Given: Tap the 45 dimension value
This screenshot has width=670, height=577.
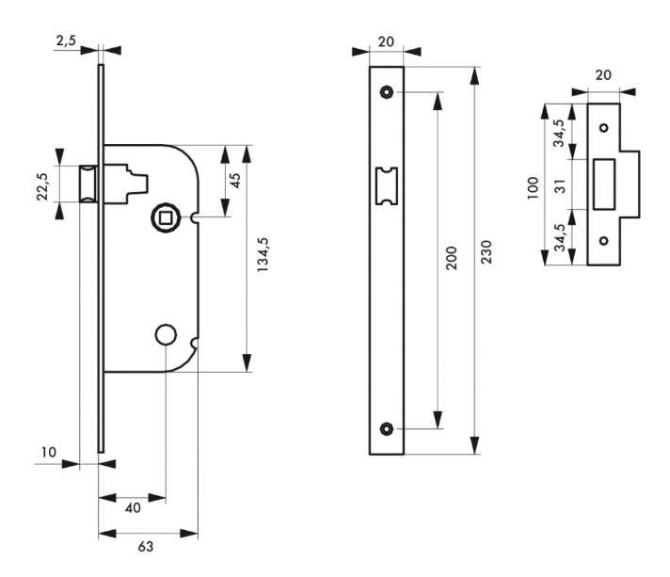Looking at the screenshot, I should (237, 179).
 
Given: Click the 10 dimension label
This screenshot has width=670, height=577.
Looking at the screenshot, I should (50, 453).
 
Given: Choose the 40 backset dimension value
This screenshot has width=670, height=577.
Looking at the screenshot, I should (133, 507).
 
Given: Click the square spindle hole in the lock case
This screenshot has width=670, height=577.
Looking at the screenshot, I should (166, 218).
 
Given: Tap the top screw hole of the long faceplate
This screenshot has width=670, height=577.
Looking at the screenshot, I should (386, 92).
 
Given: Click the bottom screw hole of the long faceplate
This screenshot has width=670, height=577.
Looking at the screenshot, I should (386, 429).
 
